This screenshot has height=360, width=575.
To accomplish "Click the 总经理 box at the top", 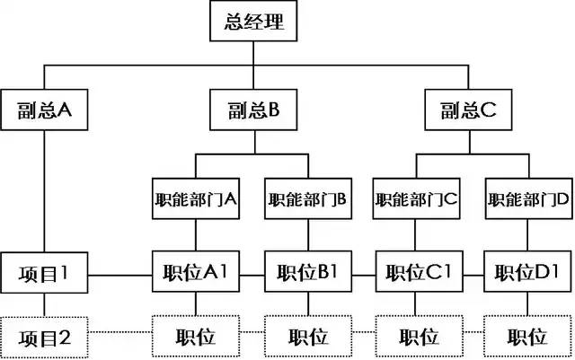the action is coord(253,21).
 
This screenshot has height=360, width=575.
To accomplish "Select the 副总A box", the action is coord(44,110).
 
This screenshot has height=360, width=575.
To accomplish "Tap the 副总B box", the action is coord(253,110).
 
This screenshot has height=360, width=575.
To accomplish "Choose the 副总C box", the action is coord(468,110).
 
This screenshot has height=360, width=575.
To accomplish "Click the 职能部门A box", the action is coord(196,198).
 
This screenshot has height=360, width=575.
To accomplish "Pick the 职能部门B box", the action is coord(308,198).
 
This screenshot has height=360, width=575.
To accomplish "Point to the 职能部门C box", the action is coord(417,198).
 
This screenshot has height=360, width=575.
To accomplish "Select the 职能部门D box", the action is coord(528,198).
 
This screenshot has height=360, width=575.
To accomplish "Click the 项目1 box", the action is coord(44,272).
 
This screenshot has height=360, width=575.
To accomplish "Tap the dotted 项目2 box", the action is coord(44,338).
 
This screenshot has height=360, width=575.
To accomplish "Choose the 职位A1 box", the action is coord(196,271).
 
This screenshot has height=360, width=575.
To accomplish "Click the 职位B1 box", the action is coord(308,271).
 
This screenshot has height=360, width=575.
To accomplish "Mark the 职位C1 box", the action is coord(420,271).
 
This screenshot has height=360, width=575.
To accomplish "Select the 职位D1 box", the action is coord(527,271).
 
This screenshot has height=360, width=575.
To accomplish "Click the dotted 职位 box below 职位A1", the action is coord(196,336).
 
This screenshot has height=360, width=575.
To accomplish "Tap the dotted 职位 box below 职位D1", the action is coord(527,336).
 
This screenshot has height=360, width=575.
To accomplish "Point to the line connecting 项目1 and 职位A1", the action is coord(119,275).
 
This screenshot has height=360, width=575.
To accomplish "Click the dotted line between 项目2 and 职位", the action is coord(119,332).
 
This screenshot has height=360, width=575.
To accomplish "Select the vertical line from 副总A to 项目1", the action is coord(44,191).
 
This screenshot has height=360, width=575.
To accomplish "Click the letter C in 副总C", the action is coord(488,110).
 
